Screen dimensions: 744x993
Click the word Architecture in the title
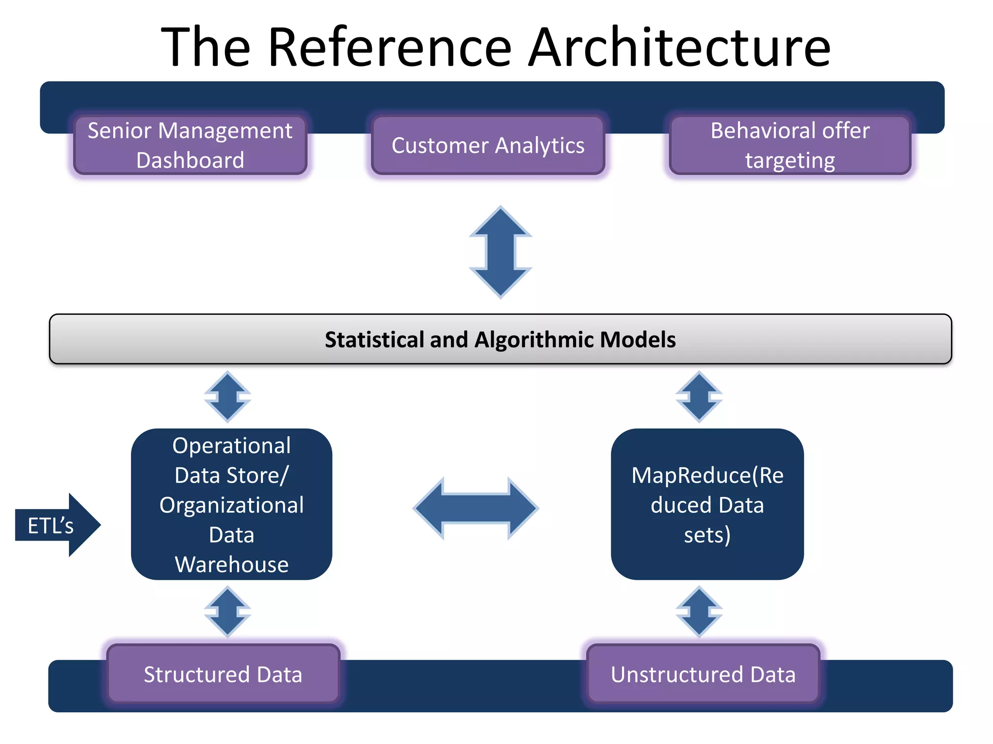click(x=679, y=47)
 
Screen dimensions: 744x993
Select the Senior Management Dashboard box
click(x=190, y=145)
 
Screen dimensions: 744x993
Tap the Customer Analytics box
click(x=488, y=145)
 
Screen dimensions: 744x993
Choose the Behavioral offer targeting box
click(x=790, y=145)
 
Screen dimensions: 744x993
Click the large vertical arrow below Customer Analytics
click(x=500, y=252)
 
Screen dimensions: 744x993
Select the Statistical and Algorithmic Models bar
click(x=500, y=339)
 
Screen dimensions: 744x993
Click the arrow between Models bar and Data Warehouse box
click(x=227, y=397)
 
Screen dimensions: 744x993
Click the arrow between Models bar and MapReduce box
click(x=699, y=397)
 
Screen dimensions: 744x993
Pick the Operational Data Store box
click(x=231, y=504)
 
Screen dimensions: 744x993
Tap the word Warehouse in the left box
click(x=231, y=565)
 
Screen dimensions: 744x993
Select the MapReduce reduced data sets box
click(x=707, y=504)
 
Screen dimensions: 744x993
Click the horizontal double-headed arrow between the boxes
click(x=476, y=508)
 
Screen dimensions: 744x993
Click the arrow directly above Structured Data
click(x=227, y=611)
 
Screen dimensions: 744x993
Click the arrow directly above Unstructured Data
click(x=699, y=611)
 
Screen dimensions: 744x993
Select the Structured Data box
click(x=223, y=674)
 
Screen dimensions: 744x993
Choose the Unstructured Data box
click(x=703, y=674)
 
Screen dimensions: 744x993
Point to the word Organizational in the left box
click(x=231, y=505)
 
